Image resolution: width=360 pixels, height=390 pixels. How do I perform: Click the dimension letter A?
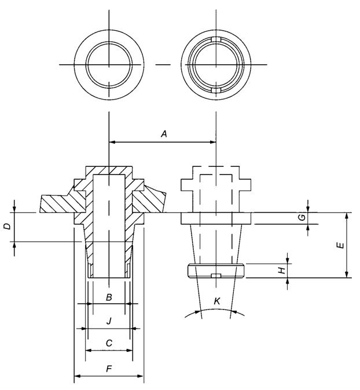point(164,134)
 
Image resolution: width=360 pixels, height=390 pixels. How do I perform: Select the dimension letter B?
point(109,297)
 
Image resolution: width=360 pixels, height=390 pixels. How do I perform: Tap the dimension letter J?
point(109,321)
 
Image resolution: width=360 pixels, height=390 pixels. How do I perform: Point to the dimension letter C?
point(109,343)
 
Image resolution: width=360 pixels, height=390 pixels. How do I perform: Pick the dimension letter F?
point(109,369)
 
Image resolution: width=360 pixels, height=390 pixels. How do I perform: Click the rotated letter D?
point(8,227)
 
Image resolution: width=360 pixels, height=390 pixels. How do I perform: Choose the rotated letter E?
point(341,245)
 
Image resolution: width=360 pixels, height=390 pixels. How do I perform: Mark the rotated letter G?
point(302,218)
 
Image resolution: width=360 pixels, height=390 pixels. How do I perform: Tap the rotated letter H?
point(281,271)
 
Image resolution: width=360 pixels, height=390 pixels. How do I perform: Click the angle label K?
point(217,301)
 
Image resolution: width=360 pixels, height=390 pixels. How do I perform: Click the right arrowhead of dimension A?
point(213,142)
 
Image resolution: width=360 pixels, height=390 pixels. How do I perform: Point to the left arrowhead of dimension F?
point(78,376)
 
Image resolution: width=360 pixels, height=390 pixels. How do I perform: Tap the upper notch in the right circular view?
point(216,39)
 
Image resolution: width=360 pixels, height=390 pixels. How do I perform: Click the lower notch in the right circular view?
point(216,90)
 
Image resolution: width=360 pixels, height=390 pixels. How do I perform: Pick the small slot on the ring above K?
point(216,275)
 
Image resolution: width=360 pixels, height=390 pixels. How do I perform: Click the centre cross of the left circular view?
point(109,65)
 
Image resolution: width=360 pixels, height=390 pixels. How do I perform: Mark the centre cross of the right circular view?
point(216,65)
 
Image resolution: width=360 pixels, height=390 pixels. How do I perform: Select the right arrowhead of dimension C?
point(130,351)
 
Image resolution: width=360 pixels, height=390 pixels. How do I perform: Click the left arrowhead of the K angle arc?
point(197,311)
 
